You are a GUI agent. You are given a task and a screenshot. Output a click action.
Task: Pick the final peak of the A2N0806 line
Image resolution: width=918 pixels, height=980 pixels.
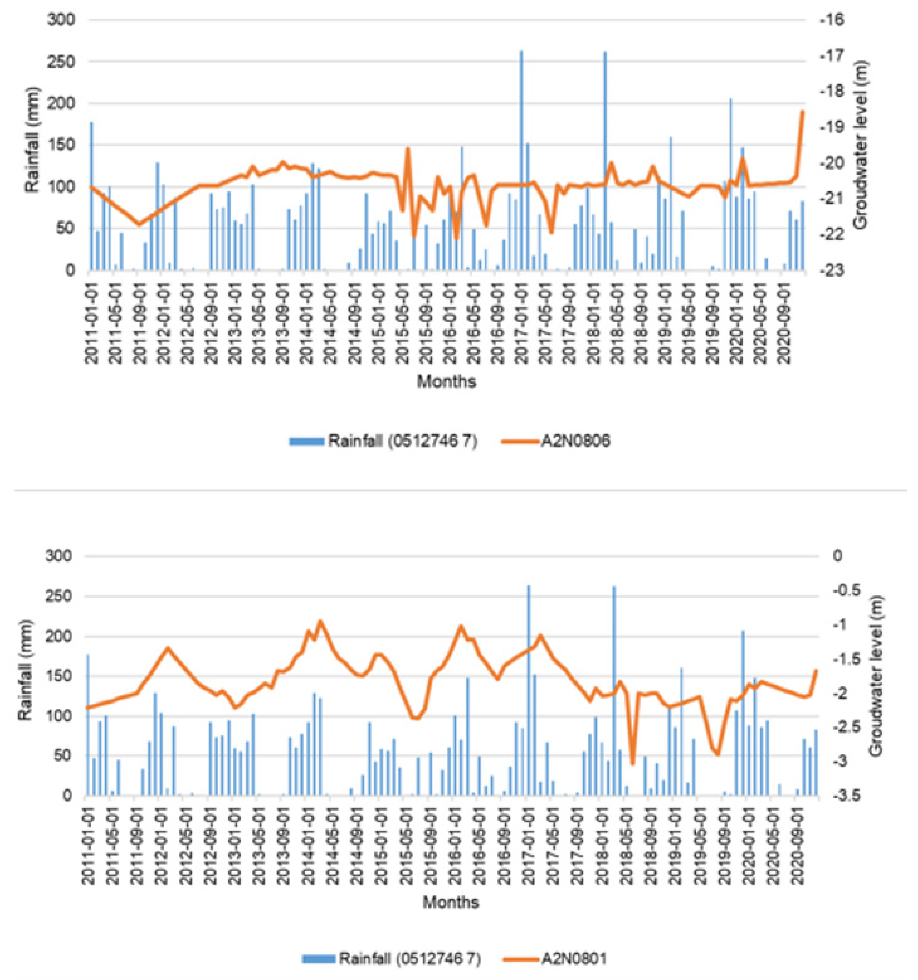point(802,112)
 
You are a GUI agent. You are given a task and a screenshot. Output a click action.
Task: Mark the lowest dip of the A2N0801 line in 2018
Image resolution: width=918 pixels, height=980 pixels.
point(633,764)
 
